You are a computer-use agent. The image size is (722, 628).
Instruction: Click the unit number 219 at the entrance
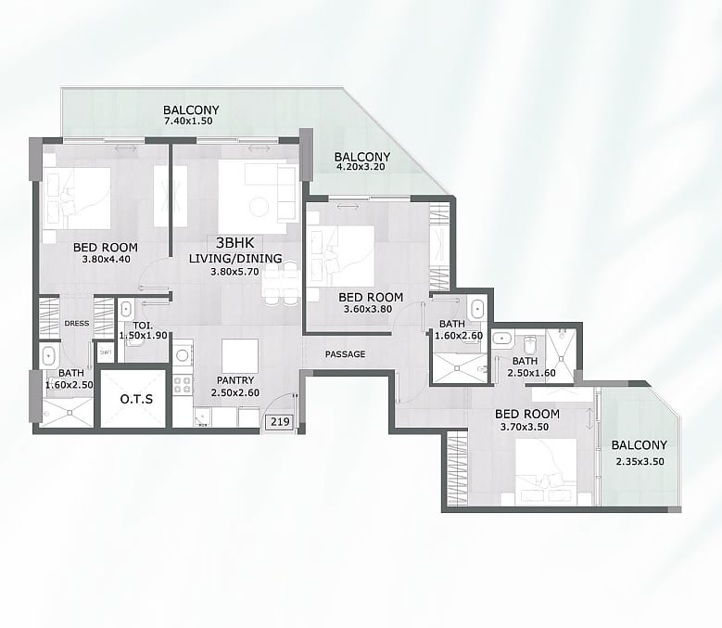280,421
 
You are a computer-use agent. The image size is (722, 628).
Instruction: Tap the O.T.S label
136,399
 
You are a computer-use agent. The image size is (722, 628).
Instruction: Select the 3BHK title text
234,243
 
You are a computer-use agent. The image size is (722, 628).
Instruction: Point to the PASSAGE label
346,354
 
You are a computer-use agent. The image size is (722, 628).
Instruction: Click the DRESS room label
77,324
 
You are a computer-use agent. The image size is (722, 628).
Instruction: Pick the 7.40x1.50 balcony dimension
188,122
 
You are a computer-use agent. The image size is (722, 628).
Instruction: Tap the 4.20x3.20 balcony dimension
361,167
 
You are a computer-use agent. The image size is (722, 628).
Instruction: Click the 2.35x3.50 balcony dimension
640,462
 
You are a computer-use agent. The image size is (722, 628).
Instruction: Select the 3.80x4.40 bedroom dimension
106,259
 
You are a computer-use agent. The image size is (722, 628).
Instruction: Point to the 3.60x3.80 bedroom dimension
368,309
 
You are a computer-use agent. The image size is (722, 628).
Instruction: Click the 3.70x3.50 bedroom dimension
525,427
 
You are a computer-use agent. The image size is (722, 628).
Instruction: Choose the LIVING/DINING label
235,259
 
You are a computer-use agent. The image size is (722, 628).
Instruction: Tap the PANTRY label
235,380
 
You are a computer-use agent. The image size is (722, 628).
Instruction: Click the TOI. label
143,326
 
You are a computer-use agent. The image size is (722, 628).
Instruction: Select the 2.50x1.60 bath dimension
531,373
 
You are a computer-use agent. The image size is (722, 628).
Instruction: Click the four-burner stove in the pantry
183,385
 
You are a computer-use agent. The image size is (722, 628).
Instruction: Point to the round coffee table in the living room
259,207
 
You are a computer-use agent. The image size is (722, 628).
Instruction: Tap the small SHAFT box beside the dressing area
106,352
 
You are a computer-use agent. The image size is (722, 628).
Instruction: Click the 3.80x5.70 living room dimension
234,272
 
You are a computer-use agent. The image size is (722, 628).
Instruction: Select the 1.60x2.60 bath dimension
459,336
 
